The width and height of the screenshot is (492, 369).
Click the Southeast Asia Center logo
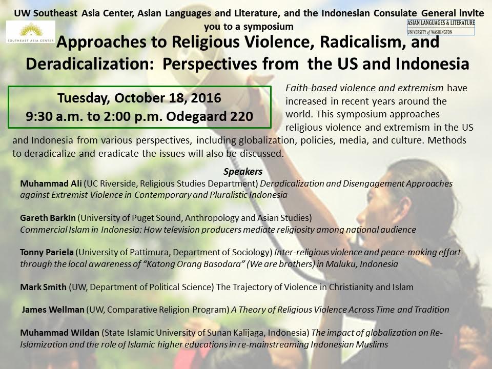click(30, 32)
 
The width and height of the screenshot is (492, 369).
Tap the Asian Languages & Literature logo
click(441, 27)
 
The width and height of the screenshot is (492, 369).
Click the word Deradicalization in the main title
click(90, 64)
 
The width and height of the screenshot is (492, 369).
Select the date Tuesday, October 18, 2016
click(139, 98)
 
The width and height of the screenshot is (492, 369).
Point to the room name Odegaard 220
click(210, 116)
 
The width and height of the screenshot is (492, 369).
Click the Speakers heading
click(243, 172)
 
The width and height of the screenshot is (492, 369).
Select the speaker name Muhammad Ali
click(51, 183)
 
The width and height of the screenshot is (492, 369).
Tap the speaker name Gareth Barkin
click(48, 218)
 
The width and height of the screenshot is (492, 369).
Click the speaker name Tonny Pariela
click(47, 252)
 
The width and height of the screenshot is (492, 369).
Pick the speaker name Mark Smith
click(43, 287)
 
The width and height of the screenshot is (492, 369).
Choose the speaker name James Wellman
click(53, 310)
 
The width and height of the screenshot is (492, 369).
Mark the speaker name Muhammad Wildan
click(59, 333)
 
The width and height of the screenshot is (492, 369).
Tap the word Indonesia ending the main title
click(433, 64)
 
